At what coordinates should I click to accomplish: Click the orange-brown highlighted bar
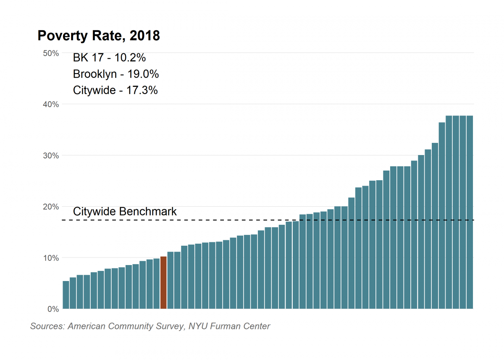163,283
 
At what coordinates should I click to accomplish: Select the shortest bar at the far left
66,295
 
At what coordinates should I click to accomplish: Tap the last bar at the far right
470,212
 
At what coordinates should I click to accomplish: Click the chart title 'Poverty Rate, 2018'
99,36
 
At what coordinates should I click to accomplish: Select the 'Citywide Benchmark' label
125,211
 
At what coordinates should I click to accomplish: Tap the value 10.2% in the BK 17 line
130,58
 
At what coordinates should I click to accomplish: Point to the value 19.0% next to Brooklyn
143,74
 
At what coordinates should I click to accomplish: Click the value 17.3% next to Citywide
142,90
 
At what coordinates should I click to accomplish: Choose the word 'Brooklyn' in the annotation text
94,74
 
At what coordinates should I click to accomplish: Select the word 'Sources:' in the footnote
47,326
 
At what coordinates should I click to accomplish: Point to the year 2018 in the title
145,36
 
